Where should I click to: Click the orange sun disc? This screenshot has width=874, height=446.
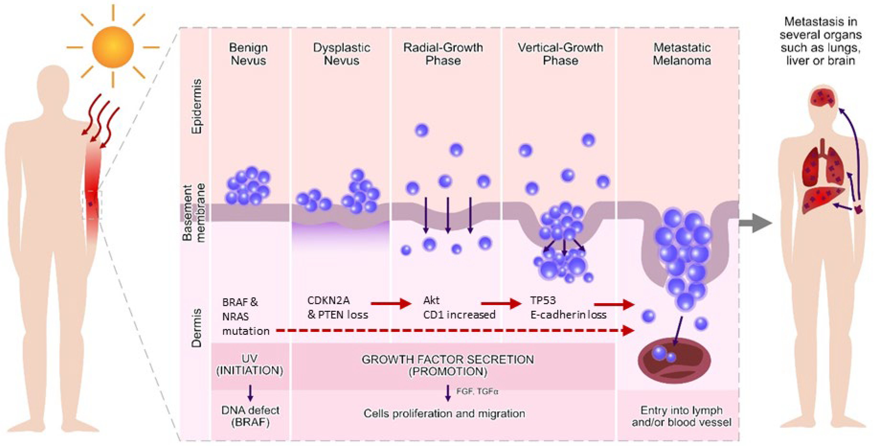(x=113, y=47)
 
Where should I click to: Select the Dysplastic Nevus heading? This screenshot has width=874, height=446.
(x=341, y=54)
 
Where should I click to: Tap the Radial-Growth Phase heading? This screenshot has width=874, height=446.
(x=443, y=54)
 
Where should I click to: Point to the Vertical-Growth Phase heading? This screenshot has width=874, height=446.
(x=560, y=54)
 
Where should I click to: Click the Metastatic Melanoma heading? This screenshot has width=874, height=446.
(x=682, y=54)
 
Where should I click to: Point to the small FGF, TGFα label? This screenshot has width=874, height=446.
(x=477, y=391)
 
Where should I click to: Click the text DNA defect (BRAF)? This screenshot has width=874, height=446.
(x=250, y=416)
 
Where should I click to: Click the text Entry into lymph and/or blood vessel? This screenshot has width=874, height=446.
(x=681, y=416)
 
